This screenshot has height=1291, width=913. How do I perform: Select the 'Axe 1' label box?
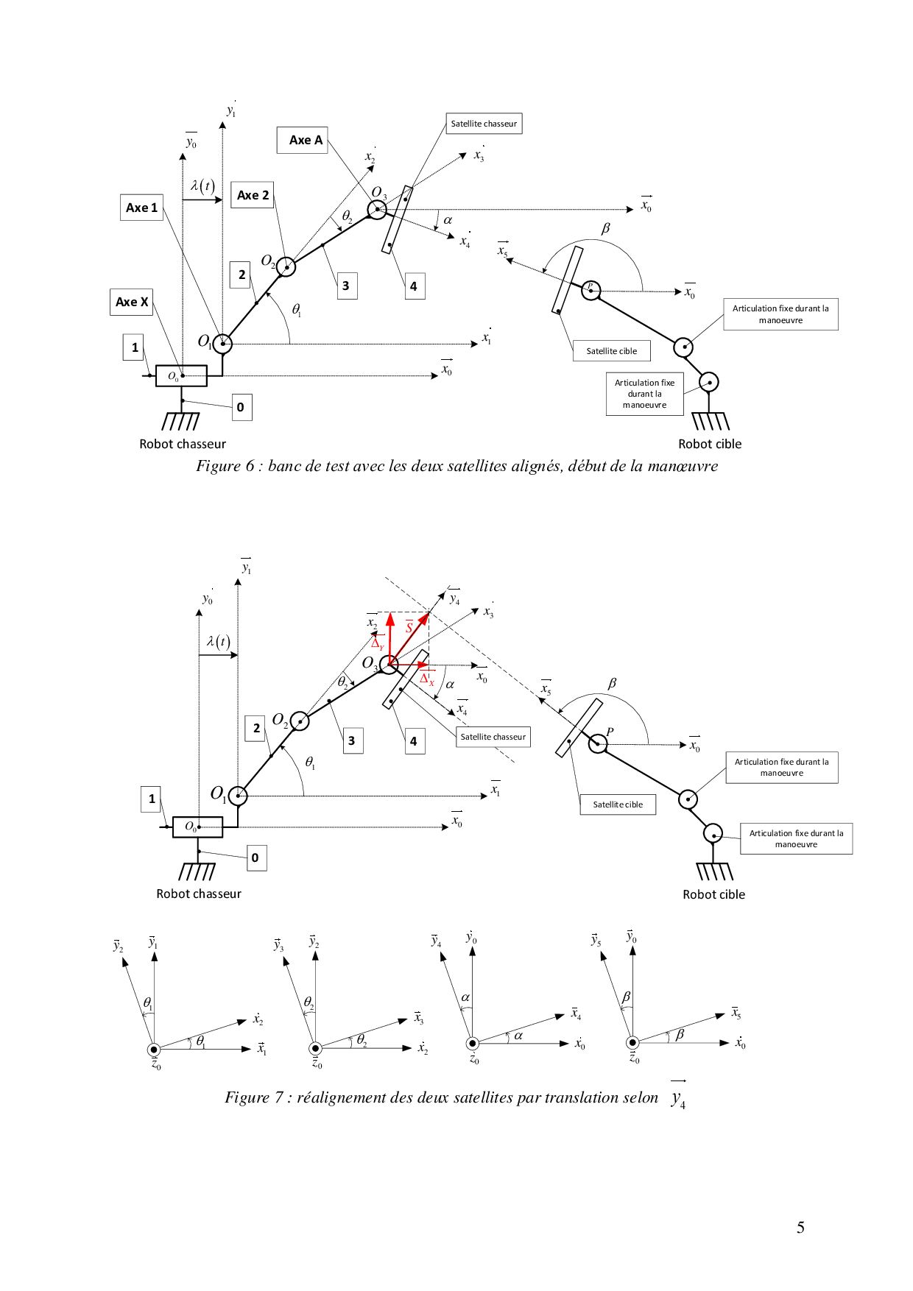141,208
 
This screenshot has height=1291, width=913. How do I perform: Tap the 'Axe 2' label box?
253,195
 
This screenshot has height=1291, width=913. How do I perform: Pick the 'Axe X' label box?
132,302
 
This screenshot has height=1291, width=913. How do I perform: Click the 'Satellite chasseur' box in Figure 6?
484,124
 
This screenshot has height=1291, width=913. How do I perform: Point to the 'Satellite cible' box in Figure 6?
611,351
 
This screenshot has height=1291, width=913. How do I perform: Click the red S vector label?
409,628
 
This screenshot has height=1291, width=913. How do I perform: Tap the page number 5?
800,1228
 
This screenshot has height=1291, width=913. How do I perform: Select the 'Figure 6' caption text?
456,466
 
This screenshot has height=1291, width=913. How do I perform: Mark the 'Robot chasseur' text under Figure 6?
183,444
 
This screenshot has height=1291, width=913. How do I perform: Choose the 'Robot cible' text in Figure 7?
713,894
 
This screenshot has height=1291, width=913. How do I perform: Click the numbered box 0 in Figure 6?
241,407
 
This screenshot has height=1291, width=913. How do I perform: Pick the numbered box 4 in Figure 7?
414,741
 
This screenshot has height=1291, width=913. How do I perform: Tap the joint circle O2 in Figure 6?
286,266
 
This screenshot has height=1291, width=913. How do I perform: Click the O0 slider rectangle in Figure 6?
181,376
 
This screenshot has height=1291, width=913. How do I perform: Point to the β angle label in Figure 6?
605,228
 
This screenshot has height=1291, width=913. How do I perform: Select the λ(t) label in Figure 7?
219,641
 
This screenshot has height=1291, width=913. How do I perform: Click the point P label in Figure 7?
610,732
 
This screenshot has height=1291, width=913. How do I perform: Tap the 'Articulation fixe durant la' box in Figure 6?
780,314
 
